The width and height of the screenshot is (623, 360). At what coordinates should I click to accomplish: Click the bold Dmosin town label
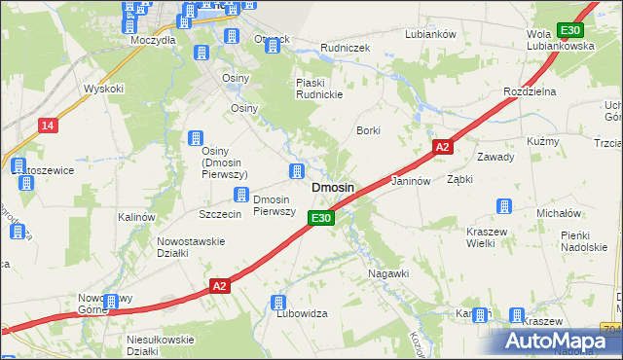pyautogui.click(x=332, y=187)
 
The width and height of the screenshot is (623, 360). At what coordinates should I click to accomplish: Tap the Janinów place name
pyautogui.click(x=410, y=182)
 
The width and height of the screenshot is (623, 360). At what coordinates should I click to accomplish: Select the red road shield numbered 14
pyautogui.click(x=48, y=126)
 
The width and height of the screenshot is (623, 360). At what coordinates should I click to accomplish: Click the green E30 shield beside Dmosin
pyautogui.click(x=323, y=218)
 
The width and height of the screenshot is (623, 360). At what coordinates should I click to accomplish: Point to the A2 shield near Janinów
pyautogui.click(x=442, y=147)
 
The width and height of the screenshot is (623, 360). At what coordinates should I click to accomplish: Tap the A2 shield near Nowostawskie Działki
pyautogui.click(x=221, y=286)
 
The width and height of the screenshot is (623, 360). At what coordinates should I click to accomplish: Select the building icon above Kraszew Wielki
pyautogui.click(x=504, y=206)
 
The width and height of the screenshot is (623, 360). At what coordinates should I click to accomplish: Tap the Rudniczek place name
pyautogui.click(x=343, y=46)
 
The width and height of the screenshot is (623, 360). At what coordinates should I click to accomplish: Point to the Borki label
pyautogui.click(x=367, y=129)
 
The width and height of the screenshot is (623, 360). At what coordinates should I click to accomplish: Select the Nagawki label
pyautogui.click(x=387, y=273)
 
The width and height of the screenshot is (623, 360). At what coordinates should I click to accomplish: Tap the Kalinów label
pyautogui.click(x=136, y=217)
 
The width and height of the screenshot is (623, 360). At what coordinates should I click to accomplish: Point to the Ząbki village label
pyautogui.click(x=459, y=180)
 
